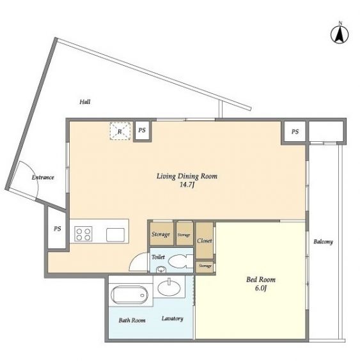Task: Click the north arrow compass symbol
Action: tap(340, 35)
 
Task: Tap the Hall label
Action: tap(85, 102)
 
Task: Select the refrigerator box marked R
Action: tap(120, 131)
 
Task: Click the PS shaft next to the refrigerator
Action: tap(142, 130)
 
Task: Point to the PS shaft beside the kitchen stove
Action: tap(58, 228)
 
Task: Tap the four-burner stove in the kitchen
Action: tap(83, 234)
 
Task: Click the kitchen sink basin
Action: tap(115, 234)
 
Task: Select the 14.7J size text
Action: tap(187, 185)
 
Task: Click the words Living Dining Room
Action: tap(187, 176)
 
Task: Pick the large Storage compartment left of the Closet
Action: tap(161, 234)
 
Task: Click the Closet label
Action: tap(204, 241)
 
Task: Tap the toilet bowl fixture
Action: tap(180, 261)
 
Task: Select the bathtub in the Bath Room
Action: tap(129, 295)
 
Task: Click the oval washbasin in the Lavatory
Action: tap(169, 288)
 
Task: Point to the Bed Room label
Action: tap(261, 279)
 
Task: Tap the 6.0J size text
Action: tap(261, 288)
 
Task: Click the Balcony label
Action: tap(323, 242)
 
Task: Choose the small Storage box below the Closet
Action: tap(205, 266)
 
